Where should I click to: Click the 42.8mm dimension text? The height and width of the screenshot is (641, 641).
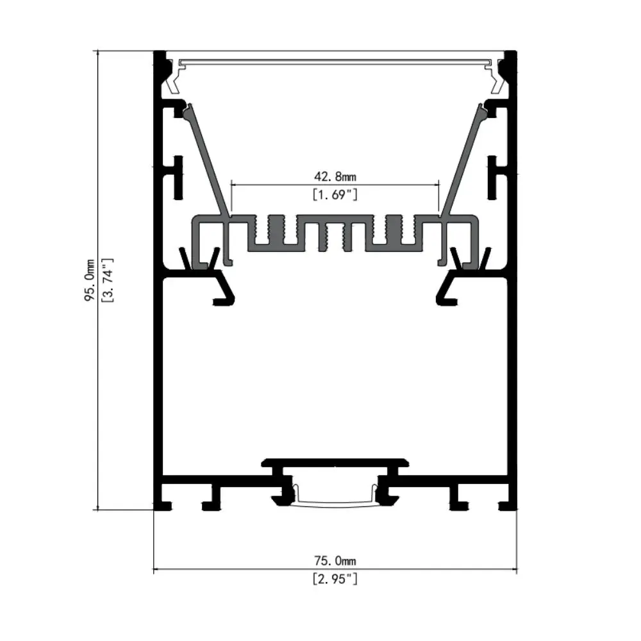point(335,176)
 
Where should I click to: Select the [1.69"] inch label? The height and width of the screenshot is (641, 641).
point(335,194)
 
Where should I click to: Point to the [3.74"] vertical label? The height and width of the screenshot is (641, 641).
point(108,280)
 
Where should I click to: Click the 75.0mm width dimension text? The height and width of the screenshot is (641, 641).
point(335,562)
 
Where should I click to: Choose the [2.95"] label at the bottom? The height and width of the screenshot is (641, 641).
point(335,579)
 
